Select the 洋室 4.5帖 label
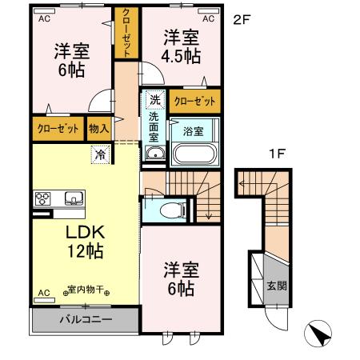click(182, 46)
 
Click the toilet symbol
click(169, 210)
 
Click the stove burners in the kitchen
click(42, 198)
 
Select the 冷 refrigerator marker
click(101, 154)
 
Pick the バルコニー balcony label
click(86, 319)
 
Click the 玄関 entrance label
click(275, 286)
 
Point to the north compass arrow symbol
click(318, 334)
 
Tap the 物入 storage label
click(99, 128)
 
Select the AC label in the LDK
click(44, 293)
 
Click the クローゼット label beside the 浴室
click(194, 102)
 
